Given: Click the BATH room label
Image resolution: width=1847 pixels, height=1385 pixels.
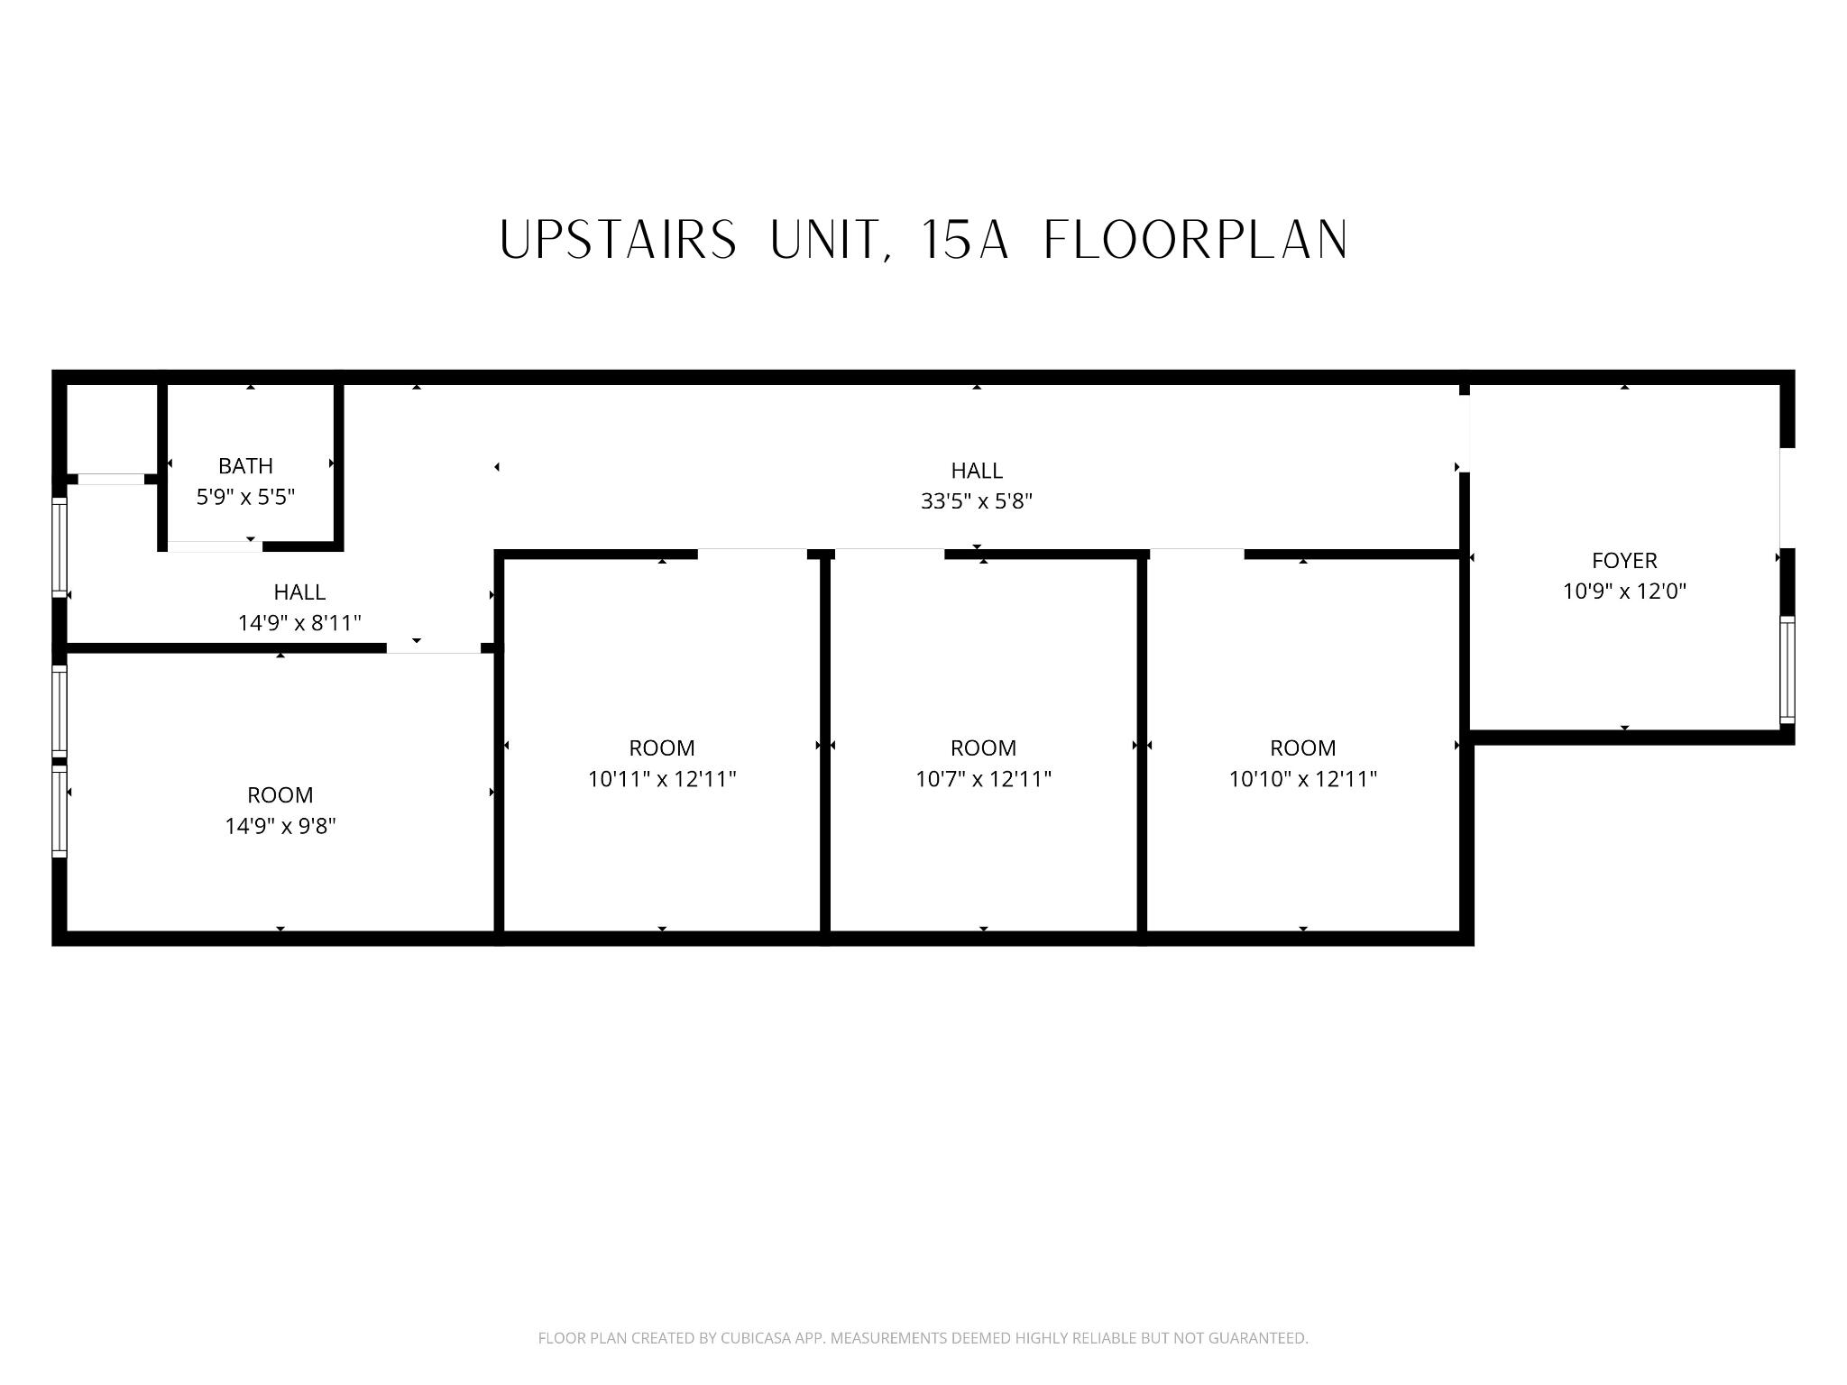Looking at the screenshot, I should tap(245, 466).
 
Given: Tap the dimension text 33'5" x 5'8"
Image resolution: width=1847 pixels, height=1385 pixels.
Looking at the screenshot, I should tap(976, 501).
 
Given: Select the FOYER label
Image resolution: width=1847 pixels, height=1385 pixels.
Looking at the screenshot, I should tap(1623, 561).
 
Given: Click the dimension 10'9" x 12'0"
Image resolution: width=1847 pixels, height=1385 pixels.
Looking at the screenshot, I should tap(1623, 592).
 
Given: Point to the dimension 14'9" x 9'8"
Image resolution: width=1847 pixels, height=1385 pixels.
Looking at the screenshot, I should tap(280, 826).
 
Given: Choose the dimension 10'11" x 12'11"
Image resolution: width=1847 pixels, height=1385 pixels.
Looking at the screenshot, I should tap(662, 779).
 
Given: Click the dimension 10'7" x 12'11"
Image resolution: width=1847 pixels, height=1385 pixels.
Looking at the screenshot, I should tap(983, 779).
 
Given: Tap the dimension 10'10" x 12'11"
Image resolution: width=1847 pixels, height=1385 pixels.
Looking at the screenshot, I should tap(1302, 779).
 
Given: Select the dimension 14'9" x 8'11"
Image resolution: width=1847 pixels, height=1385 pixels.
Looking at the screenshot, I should tap(299, 623).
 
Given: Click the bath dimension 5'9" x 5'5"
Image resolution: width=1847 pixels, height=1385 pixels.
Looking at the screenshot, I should tap(245, 497).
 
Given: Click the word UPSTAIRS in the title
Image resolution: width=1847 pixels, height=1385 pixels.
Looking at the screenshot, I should tap(618, 241).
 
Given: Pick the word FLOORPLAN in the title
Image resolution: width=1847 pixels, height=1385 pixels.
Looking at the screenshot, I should tap(1196, 241).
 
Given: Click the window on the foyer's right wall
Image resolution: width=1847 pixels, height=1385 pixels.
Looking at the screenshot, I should tap(1787, 670).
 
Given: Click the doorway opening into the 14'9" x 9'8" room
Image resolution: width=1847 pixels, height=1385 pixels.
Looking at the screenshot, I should tap(434, 648).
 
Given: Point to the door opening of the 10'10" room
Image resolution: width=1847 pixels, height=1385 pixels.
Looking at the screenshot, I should tap(1197, 554).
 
